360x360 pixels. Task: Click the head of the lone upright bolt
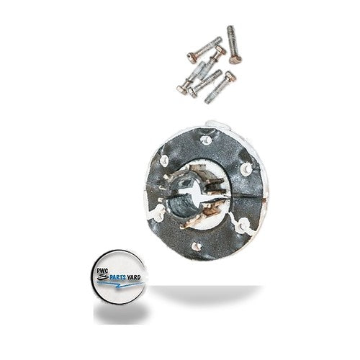(235, 59)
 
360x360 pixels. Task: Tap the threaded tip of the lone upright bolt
(230, 29)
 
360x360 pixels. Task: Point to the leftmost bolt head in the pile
(182, 89)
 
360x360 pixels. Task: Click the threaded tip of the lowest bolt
(209, 101)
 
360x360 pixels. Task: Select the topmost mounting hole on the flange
(204, 140)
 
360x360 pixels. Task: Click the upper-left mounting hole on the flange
(164, 159)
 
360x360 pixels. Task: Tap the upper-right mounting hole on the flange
(246, 169)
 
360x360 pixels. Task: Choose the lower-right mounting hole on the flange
(243, 224)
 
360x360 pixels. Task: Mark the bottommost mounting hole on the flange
(197, 246)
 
